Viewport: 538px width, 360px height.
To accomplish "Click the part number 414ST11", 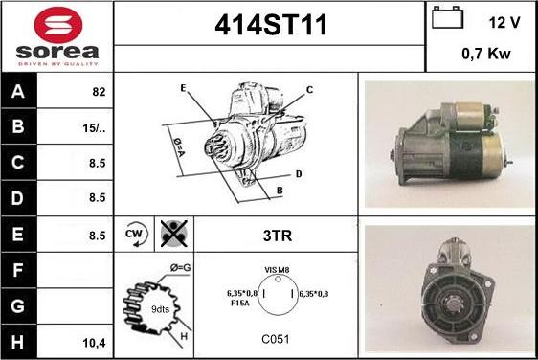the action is tap(271, 25).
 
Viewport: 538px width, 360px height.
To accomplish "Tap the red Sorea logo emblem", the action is tap(58, 25).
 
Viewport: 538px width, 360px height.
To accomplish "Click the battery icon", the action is tap(447, 17).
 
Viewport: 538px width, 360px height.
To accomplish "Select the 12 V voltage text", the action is tap(504, 23).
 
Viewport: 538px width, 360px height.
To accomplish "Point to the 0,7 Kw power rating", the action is tap(486, 54).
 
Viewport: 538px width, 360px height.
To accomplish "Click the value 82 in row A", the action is tap(99, 92).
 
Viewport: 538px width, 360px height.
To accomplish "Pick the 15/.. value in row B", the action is tap(94, 128).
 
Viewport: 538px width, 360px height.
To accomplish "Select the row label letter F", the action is tap(18, 270).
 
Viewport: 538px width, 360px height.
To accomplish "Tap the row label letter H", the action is tap(17, 342).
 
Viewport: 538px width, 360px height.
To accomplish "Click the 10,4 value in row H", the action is tap(95, 343).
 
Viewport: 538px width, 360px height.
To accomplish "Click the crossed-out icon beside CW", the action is tap(174, 234).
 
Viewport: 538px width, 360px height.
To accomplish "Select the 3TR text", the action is tap(278, 236).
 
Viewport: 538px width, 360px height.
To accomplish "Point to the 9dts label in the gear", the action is tap(160, 309).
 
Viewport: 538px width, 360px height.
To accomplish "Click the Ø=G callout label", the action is tap(181, 267).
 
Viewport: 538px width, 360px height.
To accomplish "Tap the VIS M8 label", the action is tap(277, 270).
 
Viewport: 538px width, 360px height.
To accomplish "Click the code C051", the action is tap(276, 339).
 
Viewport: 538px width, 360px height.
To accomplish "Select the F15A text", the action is tap(240, 304).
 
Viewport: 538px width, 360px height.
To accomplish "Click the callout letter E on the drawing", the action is tap(183, 88).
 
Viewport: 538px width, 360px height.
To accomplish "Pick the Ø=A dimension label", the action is tap(179, 147).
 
